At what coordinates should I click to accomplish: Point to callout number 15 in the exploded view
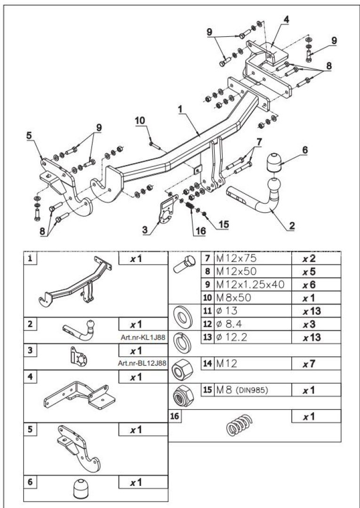tap(224, 224)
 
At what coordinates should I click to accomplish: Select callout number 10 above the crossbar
tap(141, 120)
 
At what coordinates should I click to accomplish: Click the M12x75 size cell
tap(252, 258)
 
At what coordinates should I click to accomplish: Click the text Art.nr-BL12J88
tap(143, 363)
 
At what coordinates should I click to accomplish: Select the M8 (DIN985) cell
tap(252, 390)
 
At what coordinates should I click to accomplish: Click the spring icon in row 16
tap(239, 426)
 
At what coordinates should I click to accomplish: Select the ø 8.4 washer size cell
tap(252, 324)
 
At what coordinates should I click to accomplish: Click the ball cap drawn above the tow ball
tap(275, 163)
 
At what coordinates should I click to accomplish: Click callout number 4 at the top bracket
tap(286, 20)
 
